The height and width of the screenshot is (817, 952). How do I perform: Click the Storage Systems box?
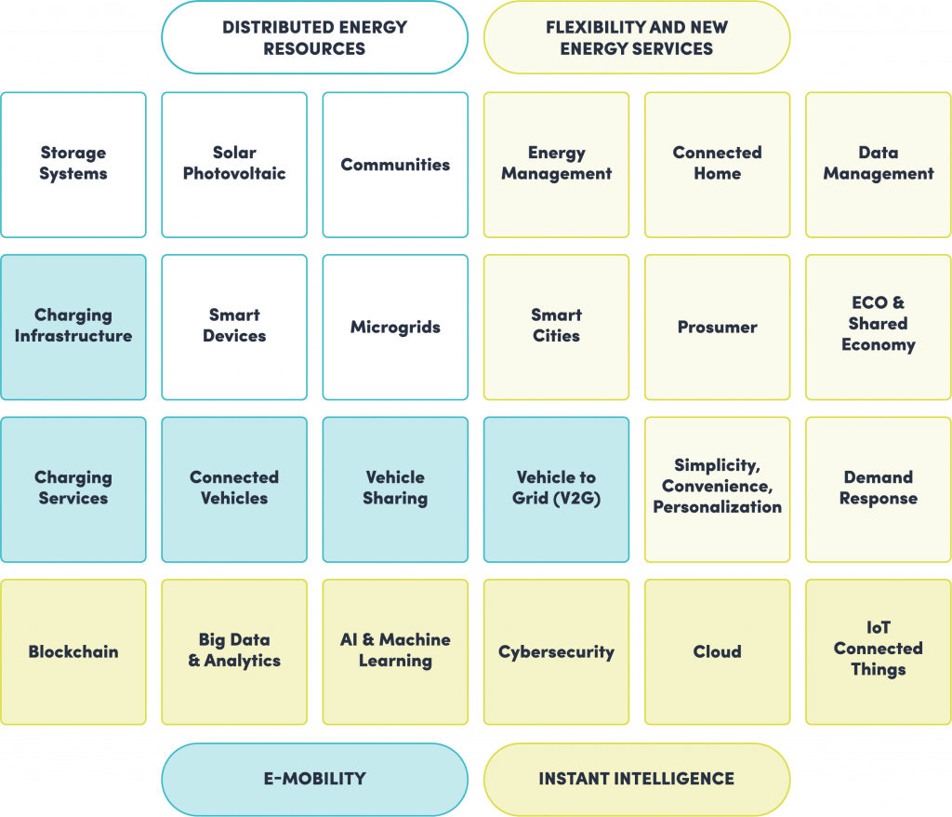[x=73, y=164]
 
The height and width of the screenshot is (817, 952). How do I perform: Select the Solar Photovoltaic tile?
[x=234, y=164]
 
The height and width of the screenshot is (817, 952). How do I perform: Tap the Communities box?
[x=395, y=164]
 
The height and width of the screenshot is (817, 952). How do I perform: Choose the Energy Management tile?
[x=556, y=164]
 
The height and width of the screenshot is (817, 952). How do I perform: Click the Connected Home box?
[x=717, y=164]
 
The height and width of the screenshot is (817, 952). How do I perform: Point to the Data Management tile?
[x=878, y=164]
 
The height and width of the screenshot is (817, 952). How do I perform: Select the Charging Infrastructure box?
[x=73, y=327]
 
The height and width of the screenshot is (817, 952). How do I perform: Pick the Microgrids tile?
[x=395, y=327]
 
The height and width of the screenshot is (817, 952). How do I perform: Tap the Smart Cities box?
[x=556, y=327]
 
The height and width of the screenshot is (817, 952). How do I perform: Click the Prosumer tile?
[x=717, y=327]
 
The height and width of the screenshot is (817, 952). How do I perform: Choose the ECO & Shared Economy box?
[x=878, y=327]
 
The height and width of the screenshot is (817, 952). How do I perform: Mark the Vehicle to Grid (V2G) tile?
[x=556, y=489]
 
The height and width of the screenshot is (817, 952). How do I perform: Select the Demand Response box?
[x=878, y=489]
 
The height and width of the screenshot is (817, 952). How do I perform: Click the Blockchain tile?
[x=73, y=651]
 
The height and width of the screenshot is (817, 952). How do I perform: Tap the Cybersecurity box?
[x=556, y=651]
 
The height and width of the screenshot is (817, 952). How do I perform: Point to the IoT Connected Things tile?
[x=878, y=651]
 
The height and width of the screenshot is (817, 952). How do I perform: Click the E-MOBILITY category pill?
[x=314, y=779]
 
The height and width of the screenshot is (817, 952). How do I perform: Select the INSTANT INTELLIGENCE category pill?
[x=637, y=779]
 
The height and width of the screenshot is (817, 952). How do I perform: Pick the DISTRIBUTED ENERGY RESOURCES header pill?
[x=314, y=37]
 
